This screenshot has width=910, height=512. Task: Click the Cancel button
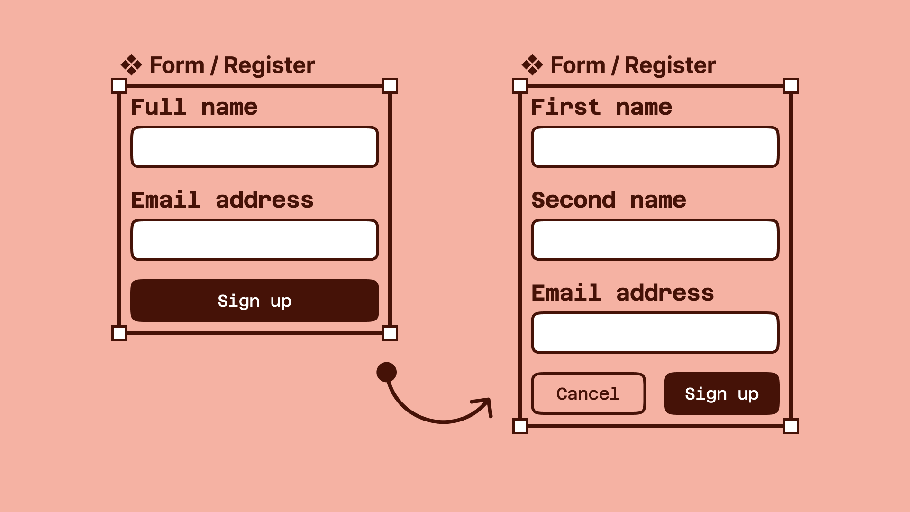[588, 393]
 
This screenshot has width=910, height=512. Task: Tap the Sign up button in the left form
[255, 301]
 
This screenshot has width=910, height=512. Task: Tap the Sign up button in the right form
[721, 393]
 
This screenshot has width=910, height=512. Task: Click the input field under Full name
[255, 147]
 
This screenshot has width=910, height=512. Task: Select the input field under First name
[655, 147]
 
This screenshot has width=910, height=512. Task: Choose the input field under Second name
[655, 240]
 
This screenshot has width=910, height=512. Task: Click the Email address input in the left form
[255, 240]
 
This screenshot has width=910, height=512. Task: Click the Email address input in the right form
[655, 333]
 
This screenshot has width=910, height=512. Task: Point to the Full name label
[194, 107]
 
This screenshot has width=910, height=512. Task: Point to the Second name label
[609, 200]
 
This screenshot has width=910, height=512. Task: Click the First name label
[601, 107]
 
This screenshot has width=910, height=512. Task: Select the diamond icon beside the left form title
[131, 65]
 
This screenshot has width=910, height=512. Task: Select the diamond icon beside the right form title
[532, 65]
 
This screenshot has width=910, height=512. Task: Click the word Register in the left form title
[269, 65]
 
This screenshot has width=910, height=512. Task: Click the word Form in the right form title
[578, 65]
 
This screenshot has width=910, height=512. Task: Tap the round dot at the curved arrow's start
[386, 372]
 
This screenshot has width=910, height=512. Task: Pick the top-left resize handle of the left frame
[119, 86]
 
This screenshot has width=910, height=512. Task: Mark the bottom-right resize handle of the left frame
[390, 333]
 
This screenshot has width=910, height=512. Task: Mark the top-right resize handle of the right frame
[791, 86]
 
